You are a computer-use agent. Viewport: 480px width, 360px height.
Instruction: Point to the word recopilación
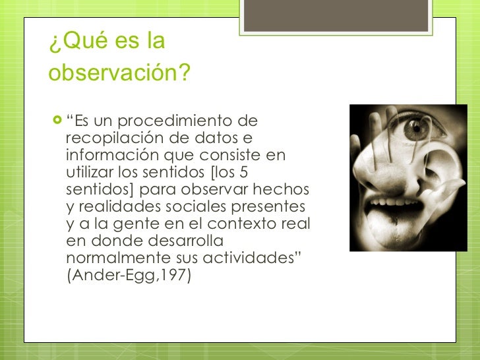[110, 138]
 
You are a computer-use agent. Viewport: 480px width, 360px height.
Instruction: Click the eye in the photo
[416, 129]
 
